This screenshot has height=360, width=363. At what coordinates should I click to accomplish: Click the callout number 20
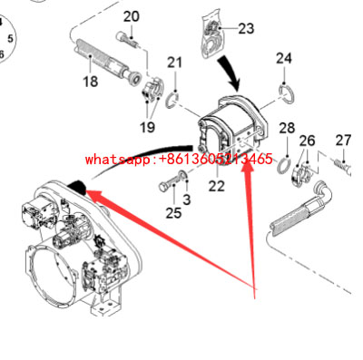pos(132,16)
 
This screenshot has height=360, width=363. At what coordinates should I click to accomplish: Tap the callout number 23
pos(246,28)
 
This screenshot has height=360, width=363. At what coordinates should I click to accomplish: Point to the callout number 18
pos(91,82)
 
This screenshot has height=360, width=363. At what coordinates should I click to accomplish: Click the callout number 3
pos(187,199)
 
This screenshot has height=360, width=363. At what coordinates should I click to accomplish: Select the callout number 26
pos(308,141)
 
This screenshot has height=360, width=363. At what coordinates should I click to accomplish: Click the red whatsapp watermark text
pos(178,160)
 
